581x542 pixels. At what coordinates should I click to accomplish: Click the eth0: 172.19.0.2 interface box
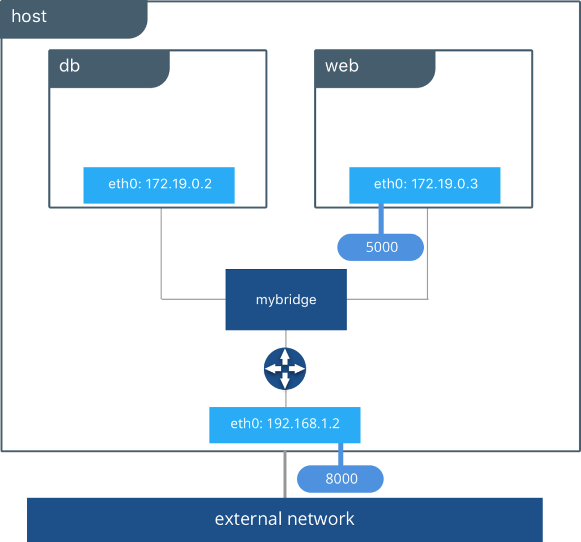pos(159,185)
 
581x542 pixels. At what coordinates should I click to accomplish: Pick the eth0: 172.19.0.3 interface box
pos(424,185)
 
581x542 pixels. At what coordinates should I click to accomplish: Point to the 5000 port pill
pos(381,247)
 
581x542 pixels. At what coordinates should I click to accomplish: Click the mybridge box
pos(286,299)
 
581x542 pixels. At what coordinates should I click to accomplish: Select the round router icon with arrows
pos(285,368)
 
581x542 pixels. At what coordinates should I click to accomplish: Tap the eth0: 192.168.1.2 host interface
pos(285,425)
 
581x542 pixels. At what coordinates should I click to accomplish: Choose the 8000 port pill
pos(340,479)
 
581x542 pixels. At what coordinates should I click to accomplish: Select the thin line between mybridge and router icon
pos(286,338)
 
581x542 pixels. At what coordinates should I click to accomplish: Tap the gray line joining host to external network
pos(285,474)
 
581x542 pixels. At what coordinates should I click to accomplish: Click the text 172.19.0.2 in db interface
pos(179,184)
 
